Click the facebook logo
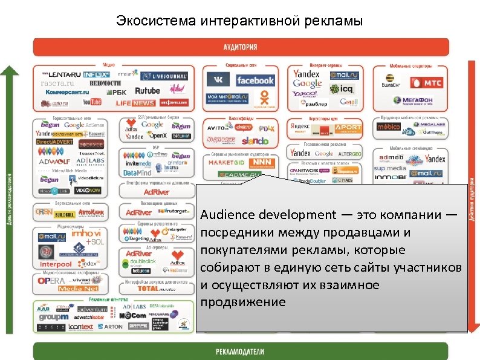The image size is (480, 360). [x=255, y=80]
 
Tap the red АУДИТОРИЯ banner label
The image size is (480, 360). [x=240, y=47]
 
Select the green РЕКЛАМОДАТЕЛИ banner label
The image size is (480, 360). [x=240, y=352]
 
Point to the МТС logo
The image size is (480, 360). [x=426, y=82]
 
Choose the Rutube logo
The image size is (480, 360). [x=147, y=91]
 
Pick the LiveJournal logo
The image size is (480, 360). [x=164, y=76]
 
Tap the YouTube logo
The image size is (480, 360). [x=92, y=102]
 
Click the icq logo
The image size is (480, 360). [x=346, y=89]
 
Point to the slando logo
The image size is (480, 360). [x=255, y=140]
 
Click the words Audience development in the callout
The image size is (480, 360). [x=268, y=215]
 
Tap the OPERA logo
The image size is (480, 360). [x=51, y=281]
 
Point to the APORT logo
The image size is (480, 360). [x=348, y=127]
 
